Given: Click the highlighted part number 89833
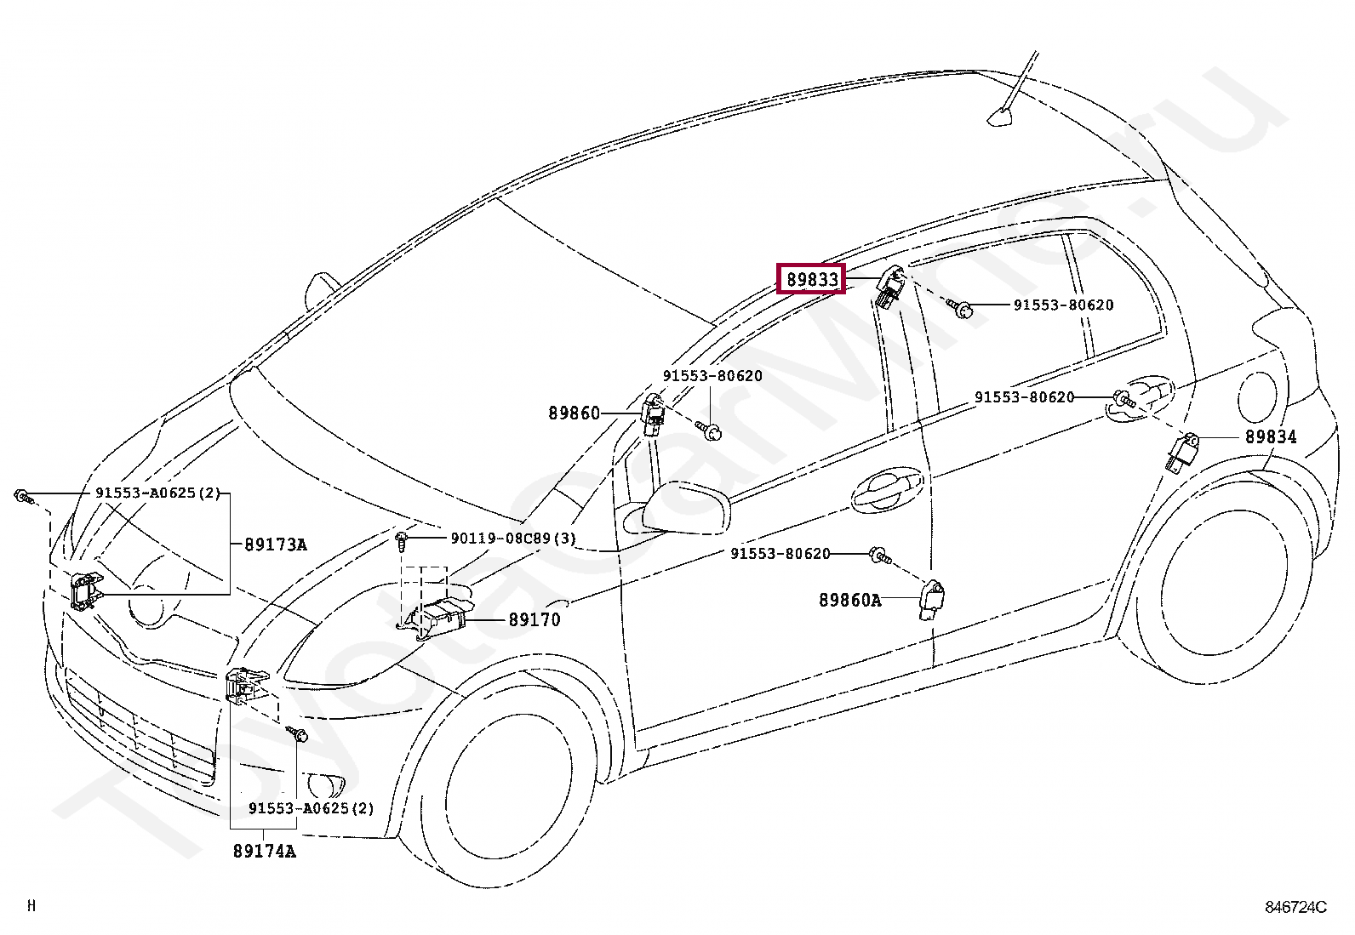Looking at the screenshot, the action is (x=811, y=279).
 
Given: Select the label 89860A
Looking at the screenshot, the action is (x=850, y=600).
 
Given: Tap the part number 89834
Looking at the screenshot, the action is (x=1271, y=436).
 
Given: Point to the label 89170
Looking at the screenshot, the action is (x=535, y=619).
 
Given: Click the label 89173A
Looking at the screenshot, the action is (x=276, y=544).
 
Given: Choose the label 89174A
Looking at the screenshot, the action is (x=265, y=851).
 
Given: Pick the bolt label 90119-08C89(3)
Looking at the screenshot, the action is (x=513, y=538).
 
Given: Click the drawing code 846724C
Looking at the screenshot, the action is (x=1295, y=907).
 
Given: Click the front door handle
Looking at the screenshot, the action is (x=886, y=489).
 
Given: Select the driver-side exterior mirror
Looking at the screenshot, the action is (x=685, y=508).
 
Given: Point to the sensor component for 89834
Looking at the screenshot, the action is (x=1182, y=453).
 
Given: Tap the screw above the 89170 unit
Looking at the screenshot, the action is (x=401, y=542).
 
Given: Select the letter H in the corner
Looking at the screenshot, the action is (x=31, y=905).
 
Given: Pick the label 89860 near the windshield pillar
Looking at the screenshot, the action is (x=574, y=413).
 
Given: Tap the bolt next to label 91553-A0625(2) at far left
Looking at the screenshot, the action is (x=22, y=497).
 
